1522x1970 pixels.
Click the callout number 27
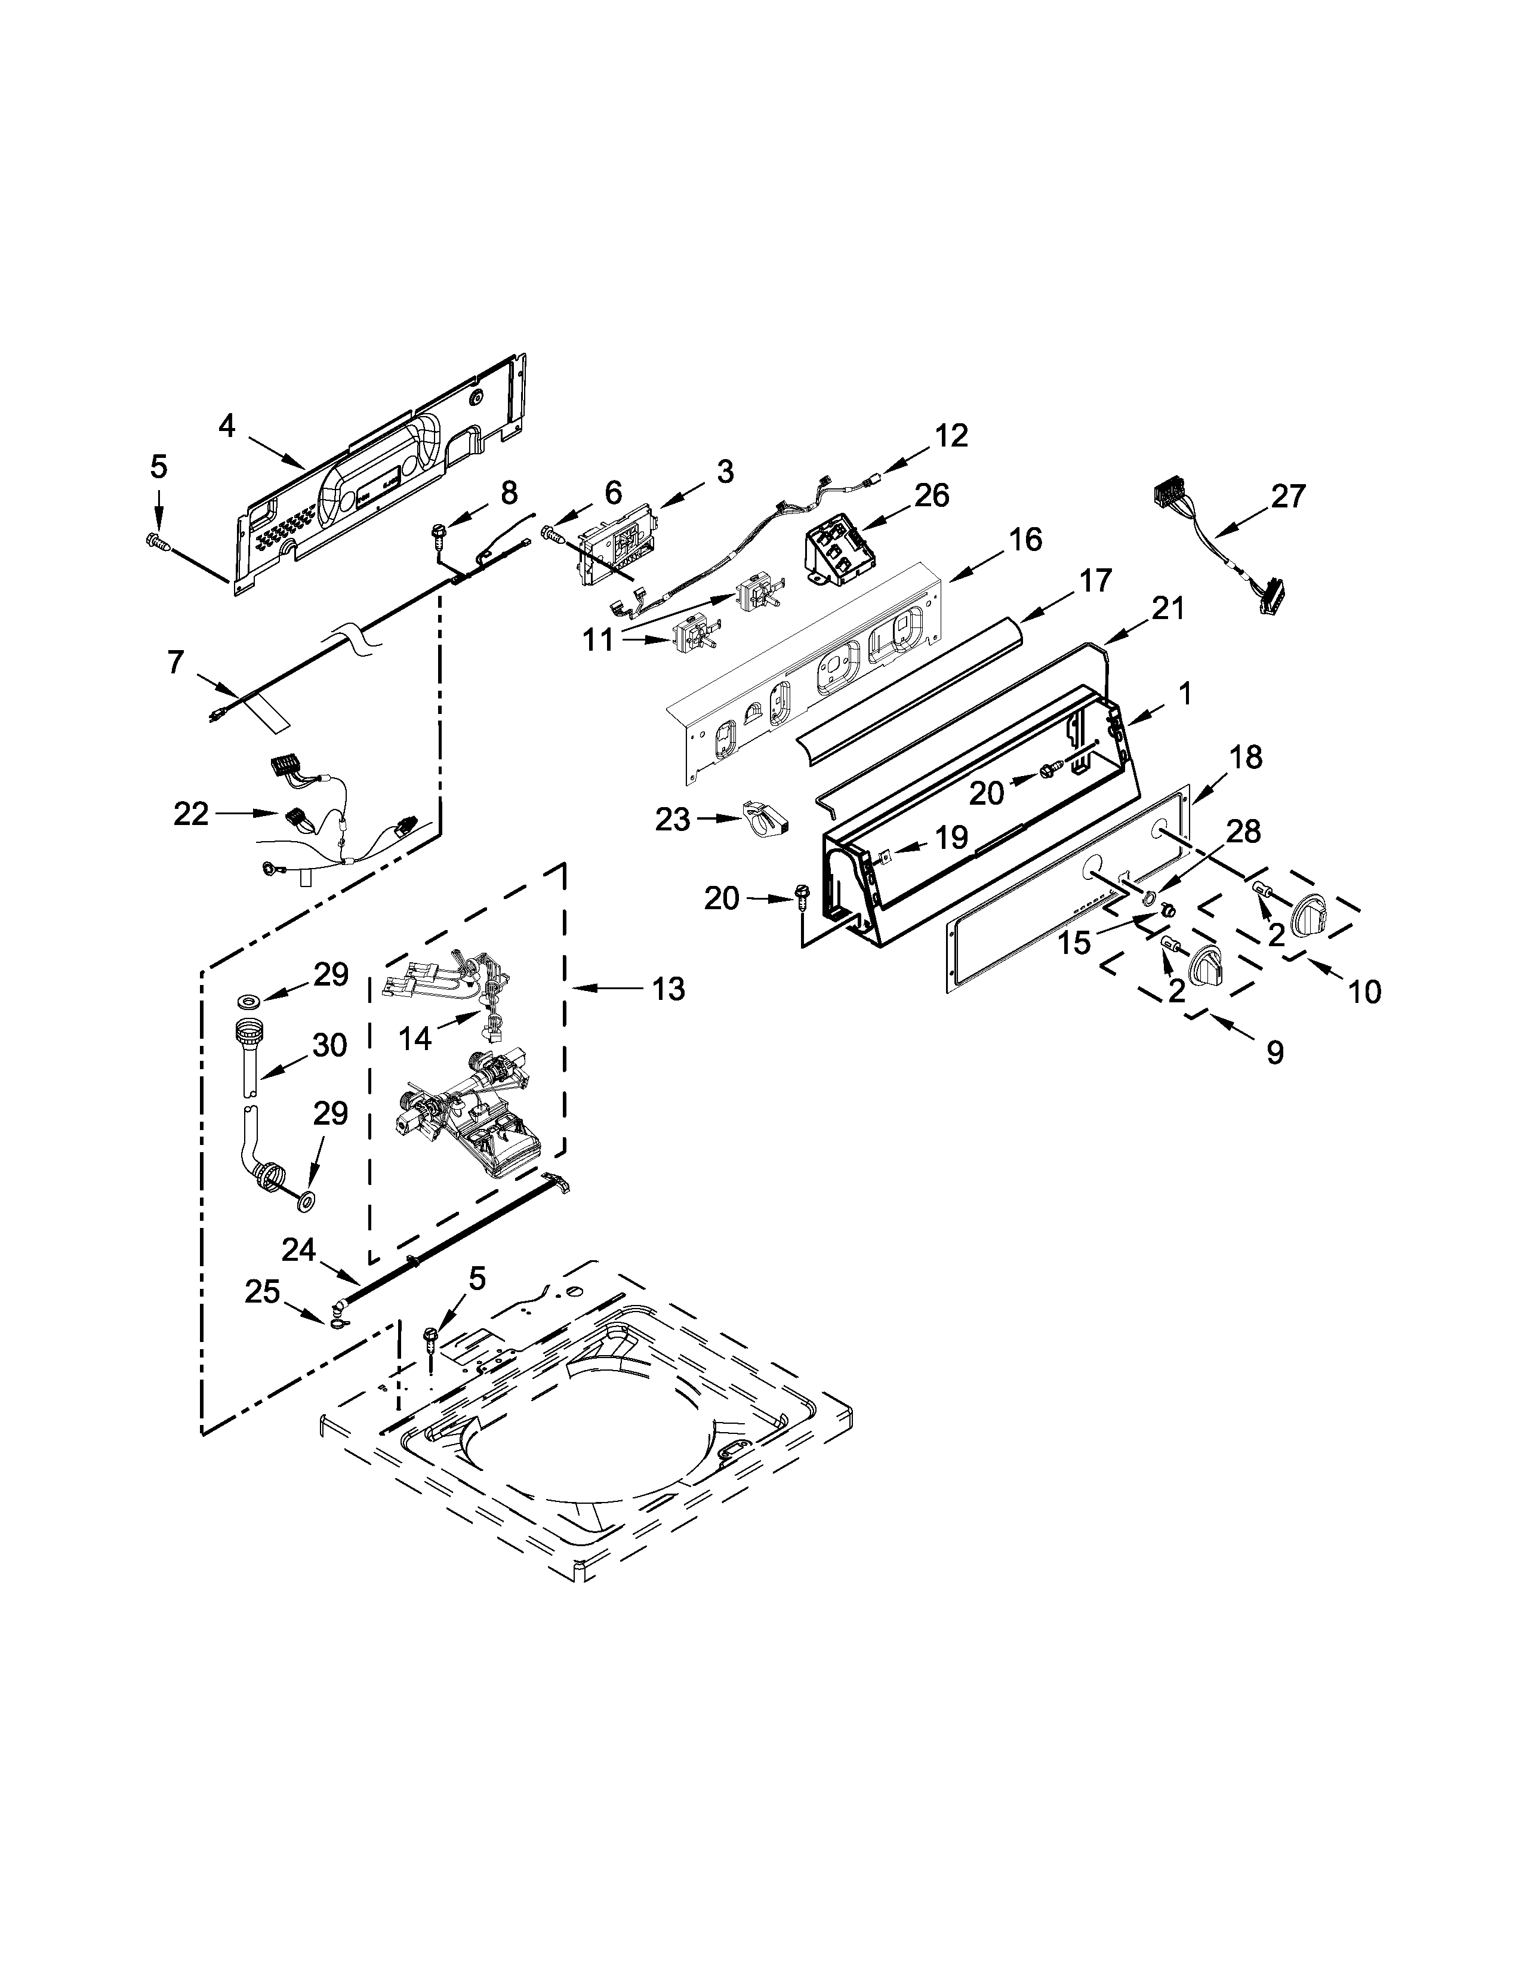pos(1287,495)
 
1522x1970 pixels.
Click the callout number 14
pos(415,1038)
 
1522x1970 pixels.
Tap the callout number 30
pos(330,1045)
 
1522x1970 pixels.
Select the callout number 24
pos(298,1249)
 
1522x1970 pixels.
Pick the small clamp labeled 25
pos(337,1322)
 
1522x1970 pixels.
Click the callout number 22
pos(191,814)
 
